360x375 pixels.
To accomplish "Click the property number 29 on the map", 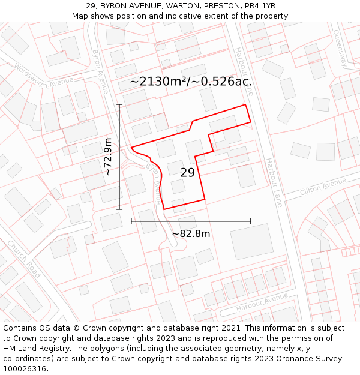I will tap(187, 173).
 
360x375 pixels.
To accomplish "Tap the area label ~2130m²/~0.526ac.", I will tap(191, 82).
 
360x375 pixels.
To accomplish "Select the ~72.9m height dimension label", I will tap(108, 157).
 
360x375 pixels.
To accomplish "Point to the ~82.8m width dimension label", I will tap(191, 233).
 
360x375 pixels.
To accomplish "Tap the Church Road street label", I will tap(23, 259).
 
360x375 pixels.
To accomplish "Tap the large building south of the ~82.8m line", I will tap(251, 242).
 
